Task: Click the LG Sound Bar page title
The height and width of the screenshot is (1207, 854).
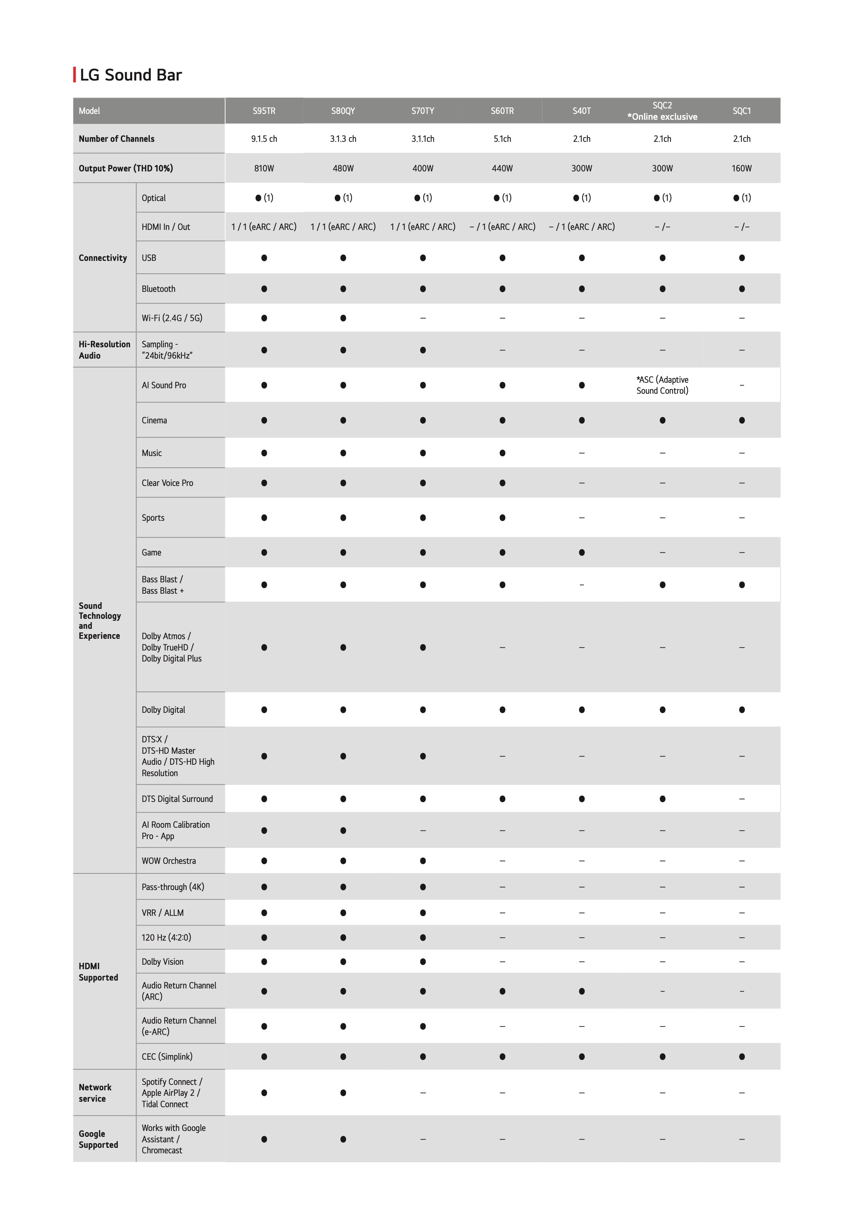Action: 131,75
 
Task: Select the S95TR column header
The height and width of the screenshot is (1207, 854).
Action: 264,111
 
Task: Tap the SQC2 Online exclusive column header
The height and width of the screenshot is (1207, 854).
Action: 662,111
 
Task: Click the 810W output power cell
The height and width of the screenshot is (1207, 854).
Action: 264,168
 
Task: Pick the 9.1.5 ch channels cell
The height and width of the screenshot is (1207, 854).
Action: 264,139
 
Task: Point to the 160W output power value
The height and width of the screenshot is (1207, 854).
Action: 741,168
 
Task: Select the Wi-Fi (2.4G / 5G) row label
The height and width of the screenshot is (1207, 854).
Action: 172,318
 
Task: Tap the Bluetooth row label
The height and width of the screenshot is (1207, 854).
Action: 158,289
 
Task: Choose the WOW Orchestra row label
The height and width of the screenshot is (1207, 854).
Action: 169,860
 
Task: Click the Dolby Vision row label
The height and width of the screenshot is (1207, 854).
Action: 163,962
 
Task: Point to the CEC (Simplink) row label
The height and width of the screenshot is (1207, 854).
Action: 167,1057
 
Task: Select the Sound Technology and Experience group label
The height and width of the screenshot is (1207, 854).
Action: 100,621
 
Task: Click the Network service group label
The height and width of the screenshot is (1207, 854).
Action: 95,1093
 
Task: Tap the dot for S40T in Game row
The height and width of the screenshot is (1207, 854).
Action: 582,552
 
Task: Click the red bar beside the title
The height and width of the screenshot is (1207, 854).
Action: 75,75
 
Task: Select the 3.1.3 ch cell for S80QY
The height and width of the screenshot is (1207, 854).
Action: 343,139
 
